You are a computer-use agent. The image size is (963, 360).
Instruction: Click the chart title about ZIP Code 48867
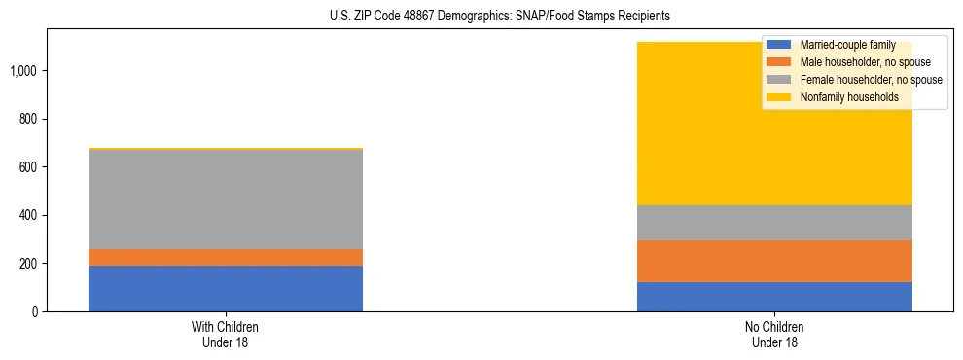[481, 17]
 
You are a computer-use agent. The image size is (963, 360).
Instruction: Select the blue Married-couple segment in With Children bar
[226, 288]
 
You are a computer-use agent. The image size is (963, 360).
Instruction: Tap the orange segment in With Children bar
[226, 257]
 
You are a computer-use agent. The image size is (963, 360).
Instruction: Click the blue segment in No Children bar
[774, 297]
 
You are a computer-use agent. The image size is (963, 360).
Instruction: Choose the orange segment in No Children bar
[774, 261]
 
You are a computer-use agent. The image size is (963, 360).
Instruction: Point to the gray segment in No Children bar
[774, 223]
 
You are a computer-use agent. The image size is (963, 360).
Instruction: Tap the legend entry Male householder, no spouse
[856, 62]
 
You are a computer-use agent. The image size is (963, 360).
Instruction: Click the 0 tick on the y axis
[35, 312]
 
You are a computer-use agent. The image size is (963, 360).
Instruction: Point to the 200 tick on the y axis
[28, 264]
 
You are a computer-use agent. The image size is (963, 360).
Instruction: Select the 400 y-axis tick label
[28, 215]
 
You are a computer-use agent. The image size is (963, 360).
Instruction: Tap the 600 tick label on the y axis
[28, 167]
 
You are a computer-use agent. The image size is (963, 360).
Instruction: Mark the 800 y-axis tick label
[28, 119]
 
